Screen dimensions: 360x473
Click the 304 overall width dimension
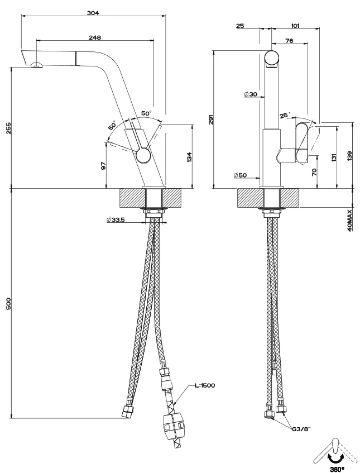[x=93, y=13]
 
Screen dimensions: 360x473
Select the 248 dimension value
[x=95, y=37]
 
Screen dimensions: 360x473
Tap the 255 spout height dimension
[x=8, y=128]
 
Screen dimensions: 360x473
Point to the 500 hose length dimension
[x=8, y=303]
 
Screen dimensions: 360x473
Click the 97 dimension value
[x=103, y=166]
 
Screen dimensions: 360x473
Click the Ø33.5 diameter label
[x=116, y=219]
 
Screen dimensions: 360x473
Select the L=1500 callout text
[x=205, y=385]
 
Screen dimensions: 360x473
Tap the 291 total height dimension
[x=211, y=119]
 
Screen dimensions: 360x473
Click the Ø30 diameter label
[x=251, y=94]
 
